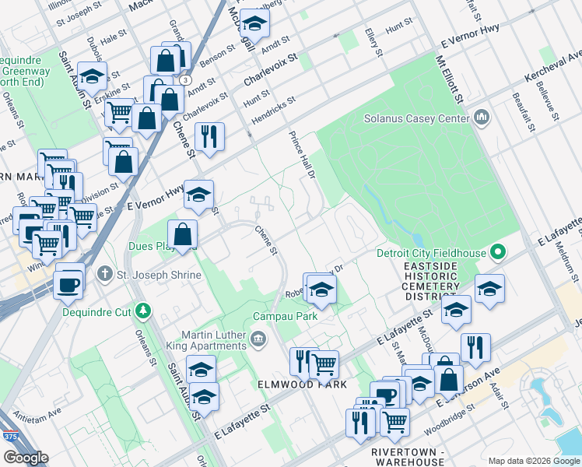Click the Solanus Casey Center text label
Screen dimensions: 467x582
pos(417,119)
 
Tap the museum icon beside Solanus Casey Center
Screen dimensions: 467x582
pos(481,118)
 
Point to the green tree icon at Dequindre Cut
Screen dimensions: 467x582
pos(142,311)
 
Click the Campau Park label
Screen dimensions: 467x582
pos(283,317)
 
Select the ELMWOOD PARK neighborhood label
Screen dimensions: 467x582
pos(292,385)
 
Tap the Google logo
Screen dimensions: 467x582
pos(25,458)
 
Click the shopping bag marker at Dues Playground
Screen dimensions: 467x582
pos(182,234)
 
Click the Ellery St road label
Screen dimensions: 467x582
pos(373,44)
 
